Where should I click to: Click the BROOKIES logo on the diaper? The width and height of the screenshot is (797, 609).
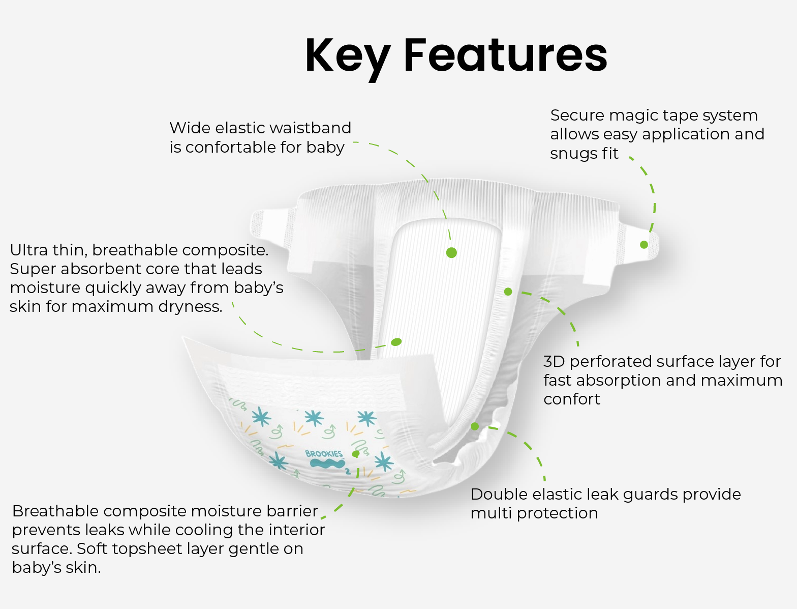point(325,459)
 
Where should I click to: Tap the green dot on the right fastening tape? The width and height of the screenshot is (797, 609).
point(644,245)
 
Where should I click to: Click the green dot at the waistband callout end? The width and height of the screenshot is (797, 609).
point(451,252)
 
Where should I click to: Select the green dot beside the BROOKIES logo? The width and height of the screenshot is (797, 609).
point(356,454)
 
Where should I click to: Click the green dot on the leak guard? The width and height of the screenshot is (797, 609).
point(475,426)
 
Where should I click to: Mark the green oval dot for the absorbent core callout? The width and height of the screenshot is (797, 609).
point(396,342)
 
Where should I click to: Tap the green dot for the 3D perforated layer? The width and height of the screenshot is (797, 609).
point(508,292)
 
